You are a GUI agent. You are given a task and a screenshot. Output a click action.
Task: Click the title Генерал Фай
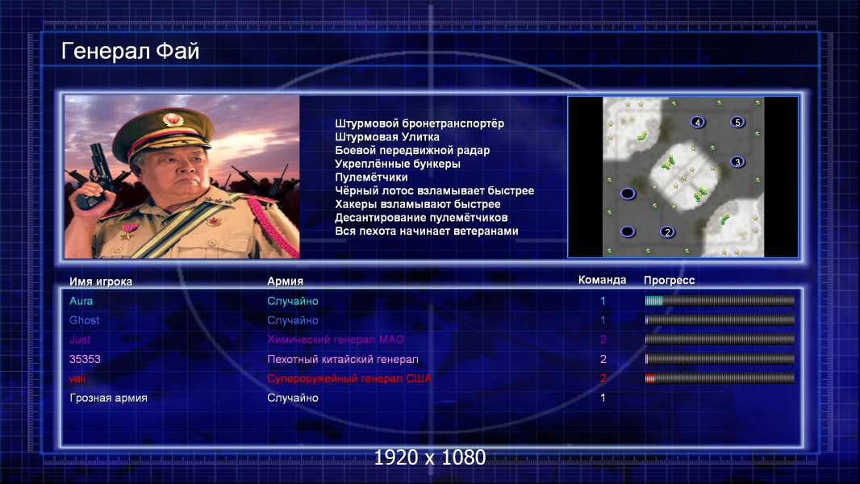(x=130, y=51)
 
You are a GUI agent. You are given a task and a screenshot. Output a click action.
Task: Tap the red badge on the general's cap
(x=172, y=119)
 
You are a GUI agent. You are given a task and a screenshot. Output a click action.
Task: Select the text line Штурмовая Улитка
(x=387, y=137)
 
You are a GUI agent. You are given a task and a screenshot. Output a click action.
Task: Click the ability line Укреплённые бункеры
(x=398, y=164)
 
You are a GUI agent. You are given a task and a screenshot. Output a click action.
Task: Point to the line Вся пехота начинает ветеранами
(x=427, y=231)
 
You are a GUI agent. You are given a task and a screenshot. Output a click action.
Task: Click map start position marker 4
(x=698, y=123)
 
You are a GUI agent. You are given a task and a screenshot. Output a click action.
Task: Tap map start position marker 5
(x=737, y=122)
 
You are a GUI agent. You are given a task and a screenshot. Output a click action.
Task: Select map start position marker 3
(x=737, y=161)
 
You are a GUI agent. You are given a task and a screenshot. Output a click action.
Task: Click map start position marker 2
(x=667, y=232)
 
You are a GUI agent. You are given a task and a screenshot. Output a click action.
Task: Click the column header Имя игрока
(x=101, y=282)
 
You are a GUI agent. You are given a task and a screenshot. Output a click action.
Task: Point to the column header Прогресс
(x=669, y=280)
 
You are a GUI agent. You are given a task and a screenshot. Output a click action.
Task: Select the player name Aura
(x=81, y=301)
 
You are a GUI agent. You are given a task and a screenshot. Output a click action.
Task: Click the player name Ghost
(x=85, y=320)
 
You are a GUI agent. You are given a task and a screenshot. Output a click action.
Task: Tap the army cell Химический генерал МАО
(x=336, y=340)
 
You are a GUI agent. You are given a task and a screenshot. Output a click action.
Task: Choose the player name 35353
(x=85, y=359)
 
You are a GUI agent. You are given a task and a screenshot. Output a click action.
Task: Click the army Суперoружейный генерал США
(x=349, y=378)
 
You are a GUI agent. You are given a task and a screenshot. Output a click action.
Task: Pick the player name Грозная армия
(x=109, y=398)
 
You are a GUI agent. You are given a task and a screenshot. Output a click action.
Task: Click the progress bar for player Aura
(x=720, y=300)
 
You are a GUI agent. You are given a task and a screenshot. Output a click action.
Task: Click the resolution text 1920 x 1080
(x=430, y=457)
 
